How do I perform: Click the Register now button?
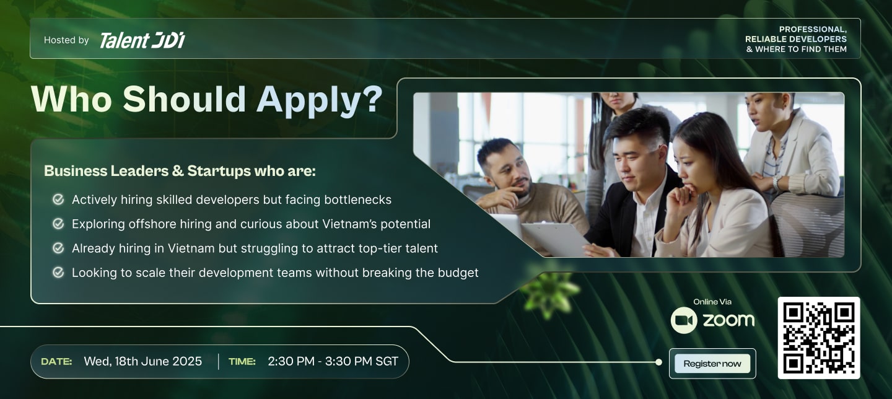pos(712,364)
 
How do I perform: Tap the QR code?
pos(819,338)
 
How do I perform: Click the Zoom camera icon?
pos(684,320)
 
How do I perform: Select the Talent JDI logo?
pos(142,40)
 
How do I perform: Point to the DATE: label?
pos(56,362)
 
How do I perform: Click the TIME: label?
pos(242,362)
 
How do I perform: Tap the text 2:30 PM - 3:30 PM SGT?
pos(333,361)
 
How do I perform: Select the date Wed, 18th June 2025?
pos(142,361)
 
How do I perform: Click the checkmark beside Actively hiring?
pos(58,199)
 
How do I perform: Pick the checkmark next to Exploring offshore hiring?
pos(58,224)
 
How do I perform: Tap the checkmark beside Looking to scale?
pos(58,273)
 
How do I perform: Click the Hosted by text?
pos(66,40)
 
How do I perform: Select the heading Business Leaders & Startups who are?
pos(180,171)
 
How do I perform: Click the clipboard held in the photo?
pos(555,239)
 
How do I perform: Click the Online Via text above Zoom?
pos(712,302)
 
